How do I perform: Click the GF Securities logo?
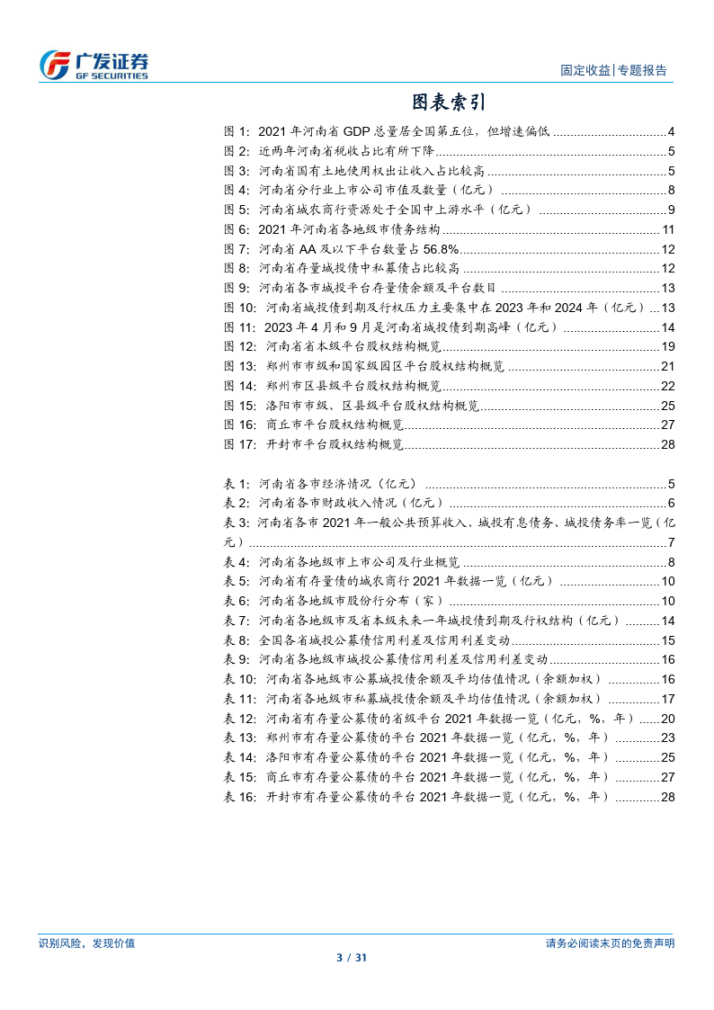tap(94, 64)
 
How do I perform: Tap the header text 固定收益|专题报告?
tap(613, 70)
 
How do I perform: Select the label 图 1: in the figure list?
tap(237, 131)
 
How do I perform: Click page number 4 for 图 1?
tap(671, 131)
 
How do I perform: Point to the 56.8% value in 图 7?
tap(441, 249)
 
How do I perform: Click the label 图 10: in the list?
tap(241, 308)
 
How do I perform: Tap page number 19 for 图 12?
tap(667, 347)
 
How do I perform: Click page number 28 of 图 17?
tap(667, 444)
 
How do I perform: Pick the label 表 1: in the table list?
tap(237, 483)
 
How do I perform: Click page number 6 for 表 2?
tap(671, 503)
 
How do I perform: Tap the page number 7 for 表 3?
tap(671, 542)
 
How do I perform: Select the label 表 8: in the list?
tap(237, 640)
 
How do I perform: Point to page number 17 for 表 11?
tap(667, 699)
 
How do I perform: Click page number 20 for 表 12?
tap(667, 719)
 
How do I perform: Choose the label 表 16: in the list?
tap(241, 797)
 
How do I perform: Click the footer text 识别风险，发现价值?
tap(87, 943)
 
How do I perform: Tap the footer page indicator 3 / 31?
tap(357, 959)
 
